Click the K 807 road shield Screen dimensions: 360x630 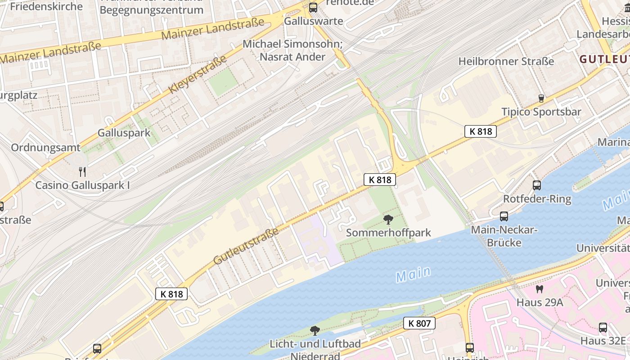[x=419, y=323]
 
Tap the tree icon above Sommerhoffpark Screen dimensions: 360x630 [x=388, y=220]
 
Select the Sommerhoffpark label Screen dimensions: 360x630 [x=388, y=233]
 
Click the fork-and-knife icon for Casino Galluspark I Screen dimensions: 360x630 [x=82, y=171]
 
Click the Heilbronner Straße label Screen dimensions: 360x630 [x=506, y=61]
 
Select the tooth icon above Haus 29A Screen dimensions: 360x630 [x=540, y=289]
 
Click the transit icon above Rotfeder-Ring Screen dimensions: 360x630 [x=536, y=185]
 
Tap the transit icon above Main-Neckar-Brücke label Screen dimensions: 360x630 [x=504, y=216]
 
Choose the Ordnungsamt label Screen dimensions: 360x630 [x=45, y=148]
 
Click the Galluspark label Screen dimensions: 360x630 [x=124, y=133]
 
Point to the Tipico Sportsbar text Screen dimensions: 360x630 [x=541, y=112]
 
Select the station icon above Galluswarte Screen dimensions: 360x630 [x=313, y=8]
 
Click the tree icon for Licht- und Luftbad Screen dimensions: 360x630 [x=315, y=331]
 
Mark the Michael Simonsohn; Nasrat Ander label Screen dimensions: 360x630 [x=292, y=50]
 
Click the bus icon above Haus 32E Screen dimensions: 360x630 [x=603, y=328]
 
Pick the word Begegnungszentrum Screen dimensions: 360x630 [x=151, y=10]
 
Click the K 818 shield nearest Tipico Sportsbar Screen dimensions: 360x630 [x=481, y=131]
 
